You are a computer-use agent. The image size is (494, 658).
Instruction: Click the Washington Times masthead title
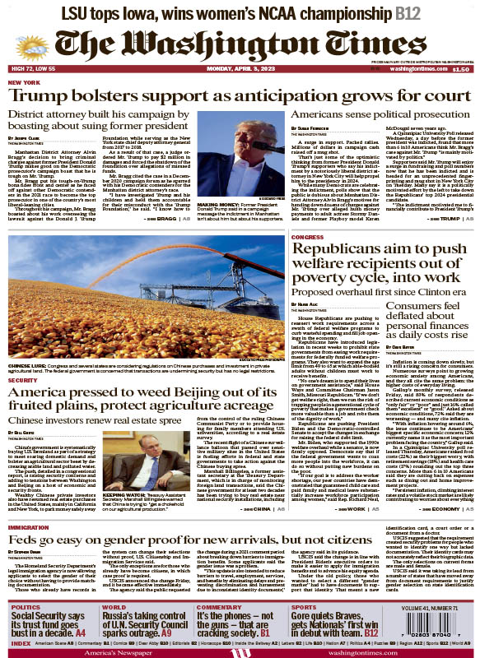click(246, 40)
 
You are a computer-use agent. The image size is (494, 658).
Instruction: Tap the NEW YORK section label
click(24, 83)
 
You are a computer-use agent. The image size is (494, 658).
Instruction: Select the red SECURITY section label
click(22, 359)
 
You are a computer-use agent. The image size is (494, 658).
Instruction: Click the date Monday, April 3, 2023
click(245, 71)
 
